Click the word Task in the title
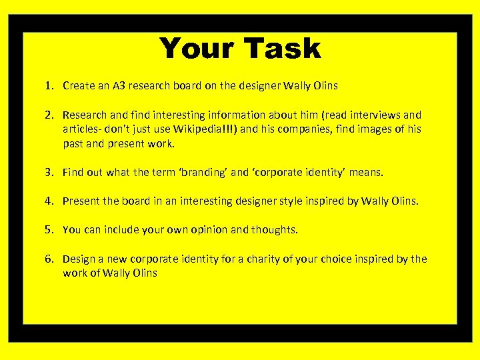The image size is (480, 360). coord(282,49)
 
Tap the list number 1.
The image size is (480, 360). coord(49,85)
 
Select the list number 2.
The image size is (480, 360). coord(49,115)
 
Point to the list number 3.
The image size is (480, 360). coord(49,172)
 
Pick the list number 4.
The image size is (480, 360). coord(49,201)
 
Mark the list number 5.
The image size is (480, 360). coord(49,229)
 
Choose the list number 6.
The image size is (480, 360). coord(49,259)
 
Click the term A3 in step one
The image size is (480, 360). coord(119,85)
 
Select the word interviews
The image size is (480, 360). coord(375,115)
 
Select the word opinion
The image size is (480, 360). coord(207,230)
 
